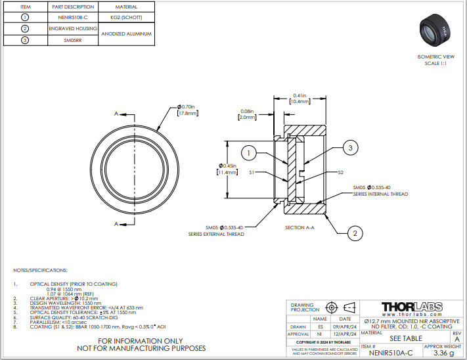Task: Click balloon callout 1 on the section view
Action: (248, 154)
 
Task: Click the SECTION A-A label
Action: (300, 227)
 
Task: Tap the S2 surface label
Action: (341, 173)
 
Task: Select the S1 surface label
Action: (251, 173)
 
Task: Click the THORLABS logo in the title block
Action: (411, 307)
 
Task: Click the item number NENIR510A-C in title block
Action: (391, 353)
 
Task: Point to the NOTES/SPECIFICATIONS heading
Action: (40, 270)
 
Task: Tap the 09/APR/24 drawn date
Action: (345, 326)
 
